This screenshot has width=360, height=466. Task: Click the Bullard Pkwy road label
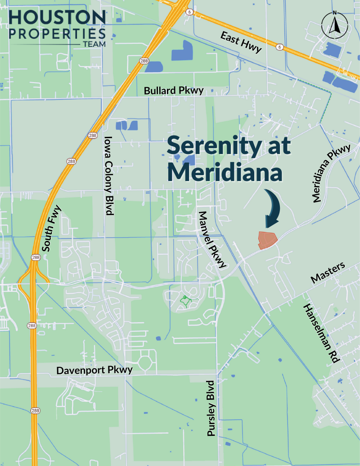[174, 90]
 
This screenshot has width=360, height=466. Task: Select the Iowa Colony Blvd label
[108, 176]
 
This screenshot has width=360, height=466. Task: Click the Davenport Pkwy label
[94, 370]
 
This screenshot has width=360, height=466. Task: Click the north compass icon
[334, 25]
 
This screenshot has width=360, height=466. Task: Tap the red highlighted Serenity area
[266, 240]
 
